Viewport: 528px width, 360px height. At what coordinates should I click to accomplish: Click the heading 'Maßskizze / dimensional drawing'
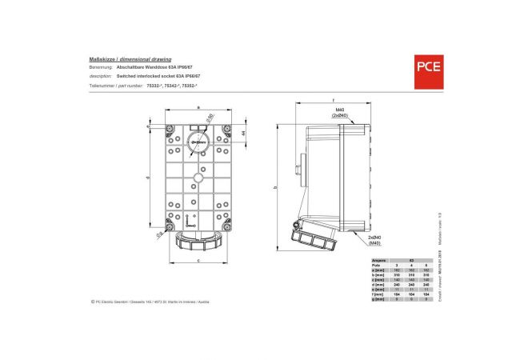click(x=125, y=60)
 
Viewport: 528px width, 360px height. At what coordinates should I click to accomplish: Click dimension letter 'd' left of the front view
click(x=149, y=177)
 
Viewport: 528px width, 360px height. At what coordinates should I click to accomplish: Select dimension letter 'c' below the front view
click(x=198, y=261)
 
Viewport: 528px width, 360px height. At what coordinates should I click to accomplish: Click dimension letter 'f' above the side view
click(x=332, y=101)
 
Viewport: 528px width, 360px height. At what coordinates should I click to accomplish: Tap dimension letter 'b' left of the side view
click(x=275, y=187)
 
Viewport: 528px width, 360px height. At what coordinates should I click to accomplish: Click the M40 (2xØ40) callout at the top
click(x=339, y=112)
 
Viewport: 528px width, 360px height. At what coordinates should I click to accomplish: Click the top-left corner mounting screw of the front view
click(x=170, y=130)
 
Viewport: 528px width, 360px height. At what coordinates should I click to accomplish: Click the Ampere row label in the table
click(x=381, y=260)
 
